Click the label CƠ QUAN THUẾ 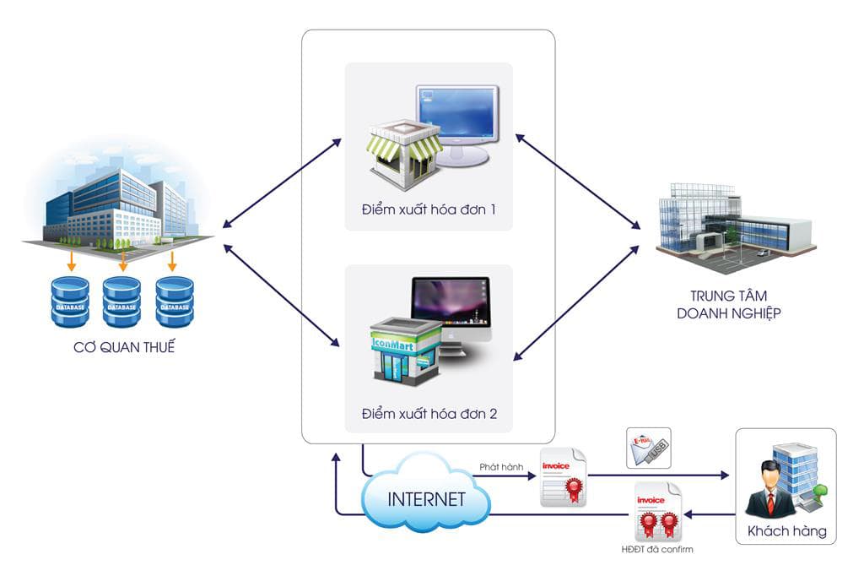123,346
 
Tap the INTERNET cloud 426,498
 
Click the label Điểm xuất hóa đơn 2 429,414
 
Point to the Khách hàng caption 786,532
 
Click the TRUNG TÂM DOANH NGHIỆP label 735,304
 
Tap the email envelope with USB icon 648,448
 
